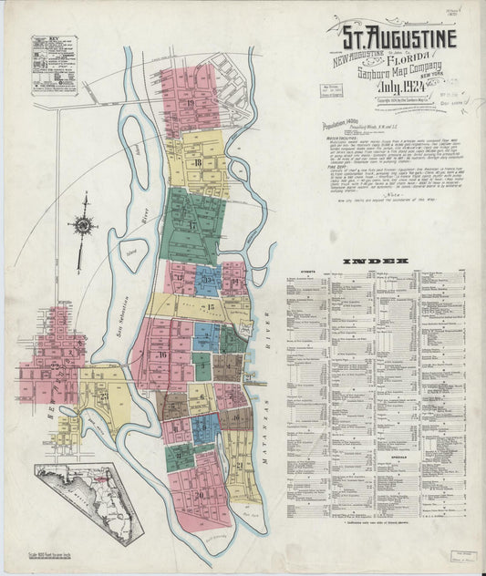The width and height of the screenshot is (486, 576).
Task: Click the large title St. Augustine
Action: coord(399,38)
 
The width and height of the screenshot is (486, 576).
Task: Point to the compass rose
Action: coord(84,224)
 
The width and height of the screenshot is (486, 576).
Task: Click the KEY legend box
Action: coord(54,65)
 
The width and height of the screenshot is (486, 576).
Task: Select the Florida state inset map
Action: coord(88,501)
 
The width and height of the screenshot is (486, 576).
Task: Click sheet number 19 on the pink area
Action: coord(190,103)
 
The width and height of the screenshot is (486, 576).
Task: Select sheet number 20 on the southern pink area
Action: coord(198,494)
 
